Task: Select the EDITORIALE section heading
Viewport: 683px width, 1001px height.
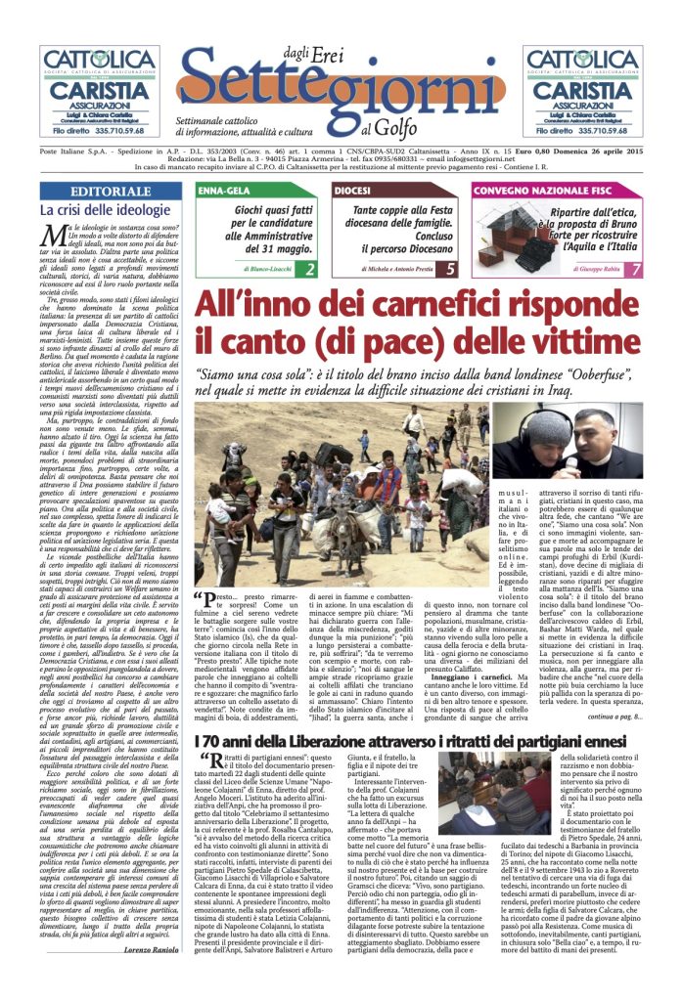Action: [x=111, y=192]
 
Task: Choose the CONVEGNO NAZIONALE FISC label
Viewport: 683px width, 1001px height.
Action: [x=529, y=190]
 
